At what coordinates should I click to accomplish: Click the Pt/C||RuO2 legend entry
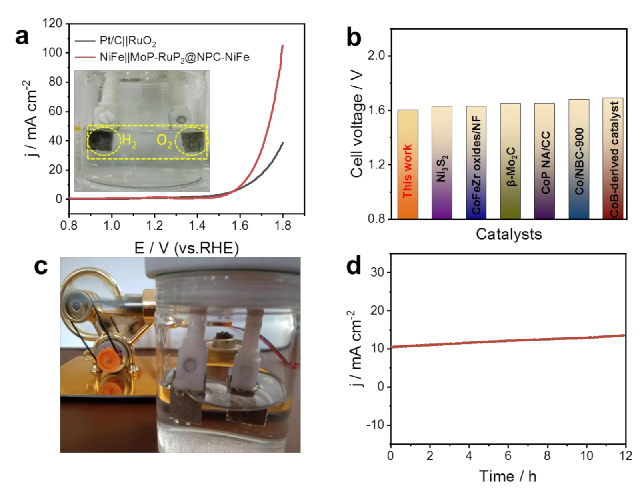coord(128,41)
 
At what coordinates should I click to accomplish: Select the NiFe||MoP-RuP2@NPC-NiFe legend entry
coord(174,58)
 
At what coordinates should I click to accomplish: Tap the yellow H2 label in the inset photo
coord(129,141)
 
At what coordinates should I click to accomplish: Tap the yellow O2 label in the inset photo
coord(164,141)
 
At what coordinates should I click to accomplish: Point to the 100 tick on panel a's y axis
coord(53,52)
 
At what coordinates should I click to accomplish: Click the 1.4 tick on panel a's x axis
coord(197,226)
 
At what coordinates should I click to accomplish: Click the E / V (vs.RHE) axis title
coord(186,248)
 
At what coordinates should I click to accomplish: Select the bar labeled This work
coord(408,164)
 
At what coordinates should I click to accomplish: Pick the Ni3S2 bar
coord(442,163)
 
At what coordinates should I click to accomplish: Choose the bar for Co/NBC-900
coord(579,159)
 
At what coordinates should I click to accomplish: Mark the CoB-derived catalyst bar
coord(613,158)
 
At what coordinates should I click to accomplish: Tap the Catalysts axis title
coord(508,234)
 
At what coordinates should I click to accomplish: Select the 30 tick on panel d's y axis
coord(377,273)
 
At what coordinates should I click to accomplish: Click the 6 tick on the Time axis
coord(508,456)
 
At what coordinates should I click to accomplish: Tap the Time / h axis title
coord(508,476)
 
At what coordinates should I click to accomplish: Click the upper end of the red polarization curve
coord(283,46)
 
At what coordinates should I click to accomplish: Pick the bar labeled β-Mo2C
coord(510,161)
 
